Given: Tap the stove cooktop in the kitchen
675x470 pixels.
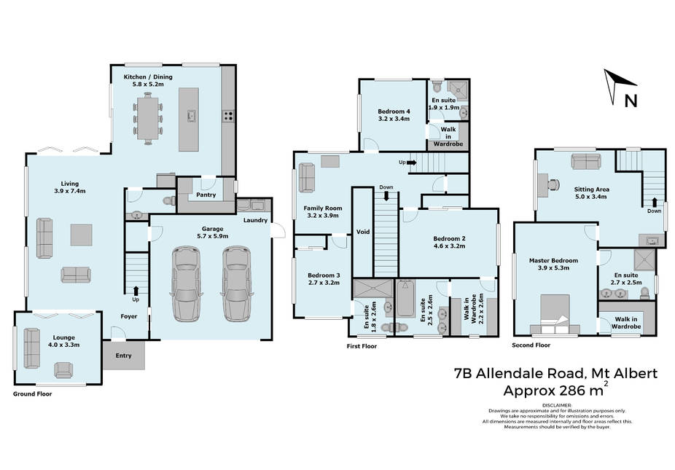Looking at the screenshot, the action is [228, 116].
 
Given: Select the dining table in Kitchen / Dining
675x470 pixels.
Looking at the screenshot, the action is [148, 118].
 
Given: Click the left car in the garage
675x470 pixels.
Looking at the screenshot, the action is [186, 284].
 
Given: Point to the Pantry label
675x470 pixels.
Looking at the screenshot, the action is [206, 195].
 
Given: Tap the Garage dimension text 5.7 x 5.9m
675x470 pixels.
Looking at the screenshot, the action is [213, 236].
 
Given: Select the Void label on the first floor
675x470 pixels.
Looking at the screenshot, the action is [363, 232].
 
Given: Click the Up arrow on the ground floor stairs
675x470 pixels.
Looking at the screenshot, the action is [136, 290].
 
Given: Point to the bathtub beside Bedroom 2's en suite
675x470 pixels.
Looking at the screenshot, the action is [405, 298].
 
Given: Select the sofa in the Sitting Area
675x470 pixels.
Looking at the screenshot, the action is [585, 161].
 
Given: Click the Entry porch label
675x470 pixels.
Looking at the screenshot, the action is [123, 356].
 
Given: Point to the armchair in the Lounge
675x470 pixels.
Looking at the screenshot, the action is [63, 370].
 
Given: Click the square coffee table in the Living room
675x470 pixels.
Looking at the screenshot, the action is [82, 235].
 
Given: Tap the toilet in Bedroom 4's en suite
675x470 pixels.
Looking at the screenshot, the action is [436, 86].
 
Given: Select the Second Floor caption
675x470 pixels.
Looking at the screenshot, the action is [531, 345].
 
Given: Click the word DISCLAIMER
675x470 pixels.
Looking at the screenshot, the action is [557, 405].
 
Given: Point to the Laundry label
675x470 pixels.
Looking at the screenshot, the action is [255, 220].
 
